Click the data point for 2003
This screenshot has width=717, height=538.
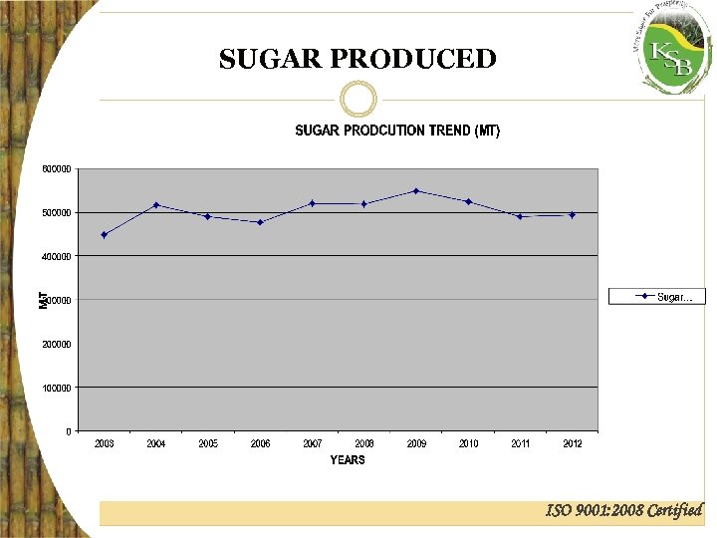[x=104, y=235]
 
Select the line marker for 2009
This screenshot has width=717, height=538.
[x=416, y=190]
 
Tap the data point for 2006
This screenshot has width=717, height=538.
[x=260, y=222]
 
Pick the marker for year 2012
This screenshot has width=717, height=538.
[x=572, y=214]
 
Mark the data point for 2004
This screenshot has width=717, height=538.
[x=156, y=204]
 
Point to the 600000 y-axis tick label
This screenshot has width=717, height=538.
[x=56, y=168]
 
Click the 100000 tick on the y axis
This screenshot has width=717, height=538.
[x=56, y=388]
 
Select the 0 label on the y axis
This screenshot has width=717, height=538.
[x=68, y=431]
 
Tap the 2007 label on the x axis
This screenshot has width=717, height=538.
[x=313, y=443]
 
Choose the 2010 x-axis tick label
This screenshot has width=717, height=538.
[x=468, y=443]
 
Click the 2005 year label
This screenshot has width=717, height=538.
[x=208, y=443]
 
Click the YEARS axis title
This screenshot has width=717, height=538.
[x=348, y=460]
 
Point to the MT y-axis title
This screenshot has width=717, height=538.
[x=44, y=299]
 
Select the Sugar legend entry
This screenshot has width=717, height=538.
[x=657, y=297]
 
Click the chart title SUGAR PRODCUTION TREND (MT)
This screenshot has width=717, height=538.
[x=397, y=132]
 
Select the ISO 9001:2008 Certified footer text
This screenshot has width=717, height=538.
[x=624, y=511]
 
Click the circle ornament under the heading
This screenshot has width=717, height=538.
[x=358, y=99]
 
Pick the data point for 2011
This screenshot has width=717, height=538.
[x=520, y=216]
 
